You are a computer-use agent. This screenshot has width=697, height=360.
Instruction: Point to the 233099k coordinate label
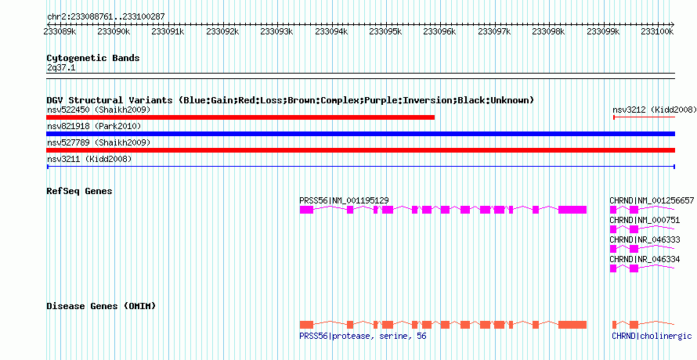coord(602,31)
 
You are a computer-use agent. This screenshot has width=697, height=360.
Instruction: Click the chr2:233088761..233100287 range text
coord(106,16)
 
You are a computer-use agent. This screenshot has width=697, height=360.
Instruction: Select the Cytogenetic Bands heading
coord(92,58)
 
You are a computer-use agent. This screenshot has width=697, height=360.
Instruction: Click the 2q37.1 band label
coord(61,68)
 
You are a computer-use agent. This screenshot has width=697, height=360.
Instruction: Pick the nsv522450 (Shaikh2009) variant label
coord(98,110)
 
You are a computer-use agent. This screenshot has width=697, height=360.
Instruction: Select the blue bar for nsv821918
coord(360,134)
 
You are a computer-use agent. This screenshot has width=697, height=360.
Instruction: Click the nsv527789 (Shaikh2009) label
coord(98,142)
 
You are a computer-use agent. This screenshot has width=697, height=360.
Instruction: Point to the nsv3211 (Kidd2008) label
coord(88,159)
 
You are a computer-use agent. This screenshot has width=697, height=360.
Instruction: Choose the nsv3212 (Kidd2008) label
coord(654,110)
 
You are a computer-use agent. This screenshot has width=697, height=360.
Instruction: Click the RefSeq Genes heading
coord(79,191)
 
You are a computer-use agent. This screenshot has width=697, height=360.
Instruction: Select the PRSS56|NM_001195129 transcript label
coord(344,200)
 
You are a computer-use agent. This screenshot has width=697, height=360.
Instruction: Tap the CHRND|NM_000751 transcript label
coord(639,220)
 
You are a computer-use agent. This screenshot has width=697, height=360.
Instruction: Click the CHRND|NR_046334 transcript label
coord(645,259)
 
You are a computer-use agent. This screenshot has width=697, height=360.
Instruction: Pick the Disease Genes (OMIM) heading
coord(100,305)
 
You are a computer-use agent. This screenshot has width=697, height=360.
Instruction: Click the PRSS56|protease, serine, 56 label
coord(363,336)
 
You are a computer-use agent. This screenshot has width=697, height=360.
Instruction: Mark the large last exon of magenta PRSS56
coord(572,210)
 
